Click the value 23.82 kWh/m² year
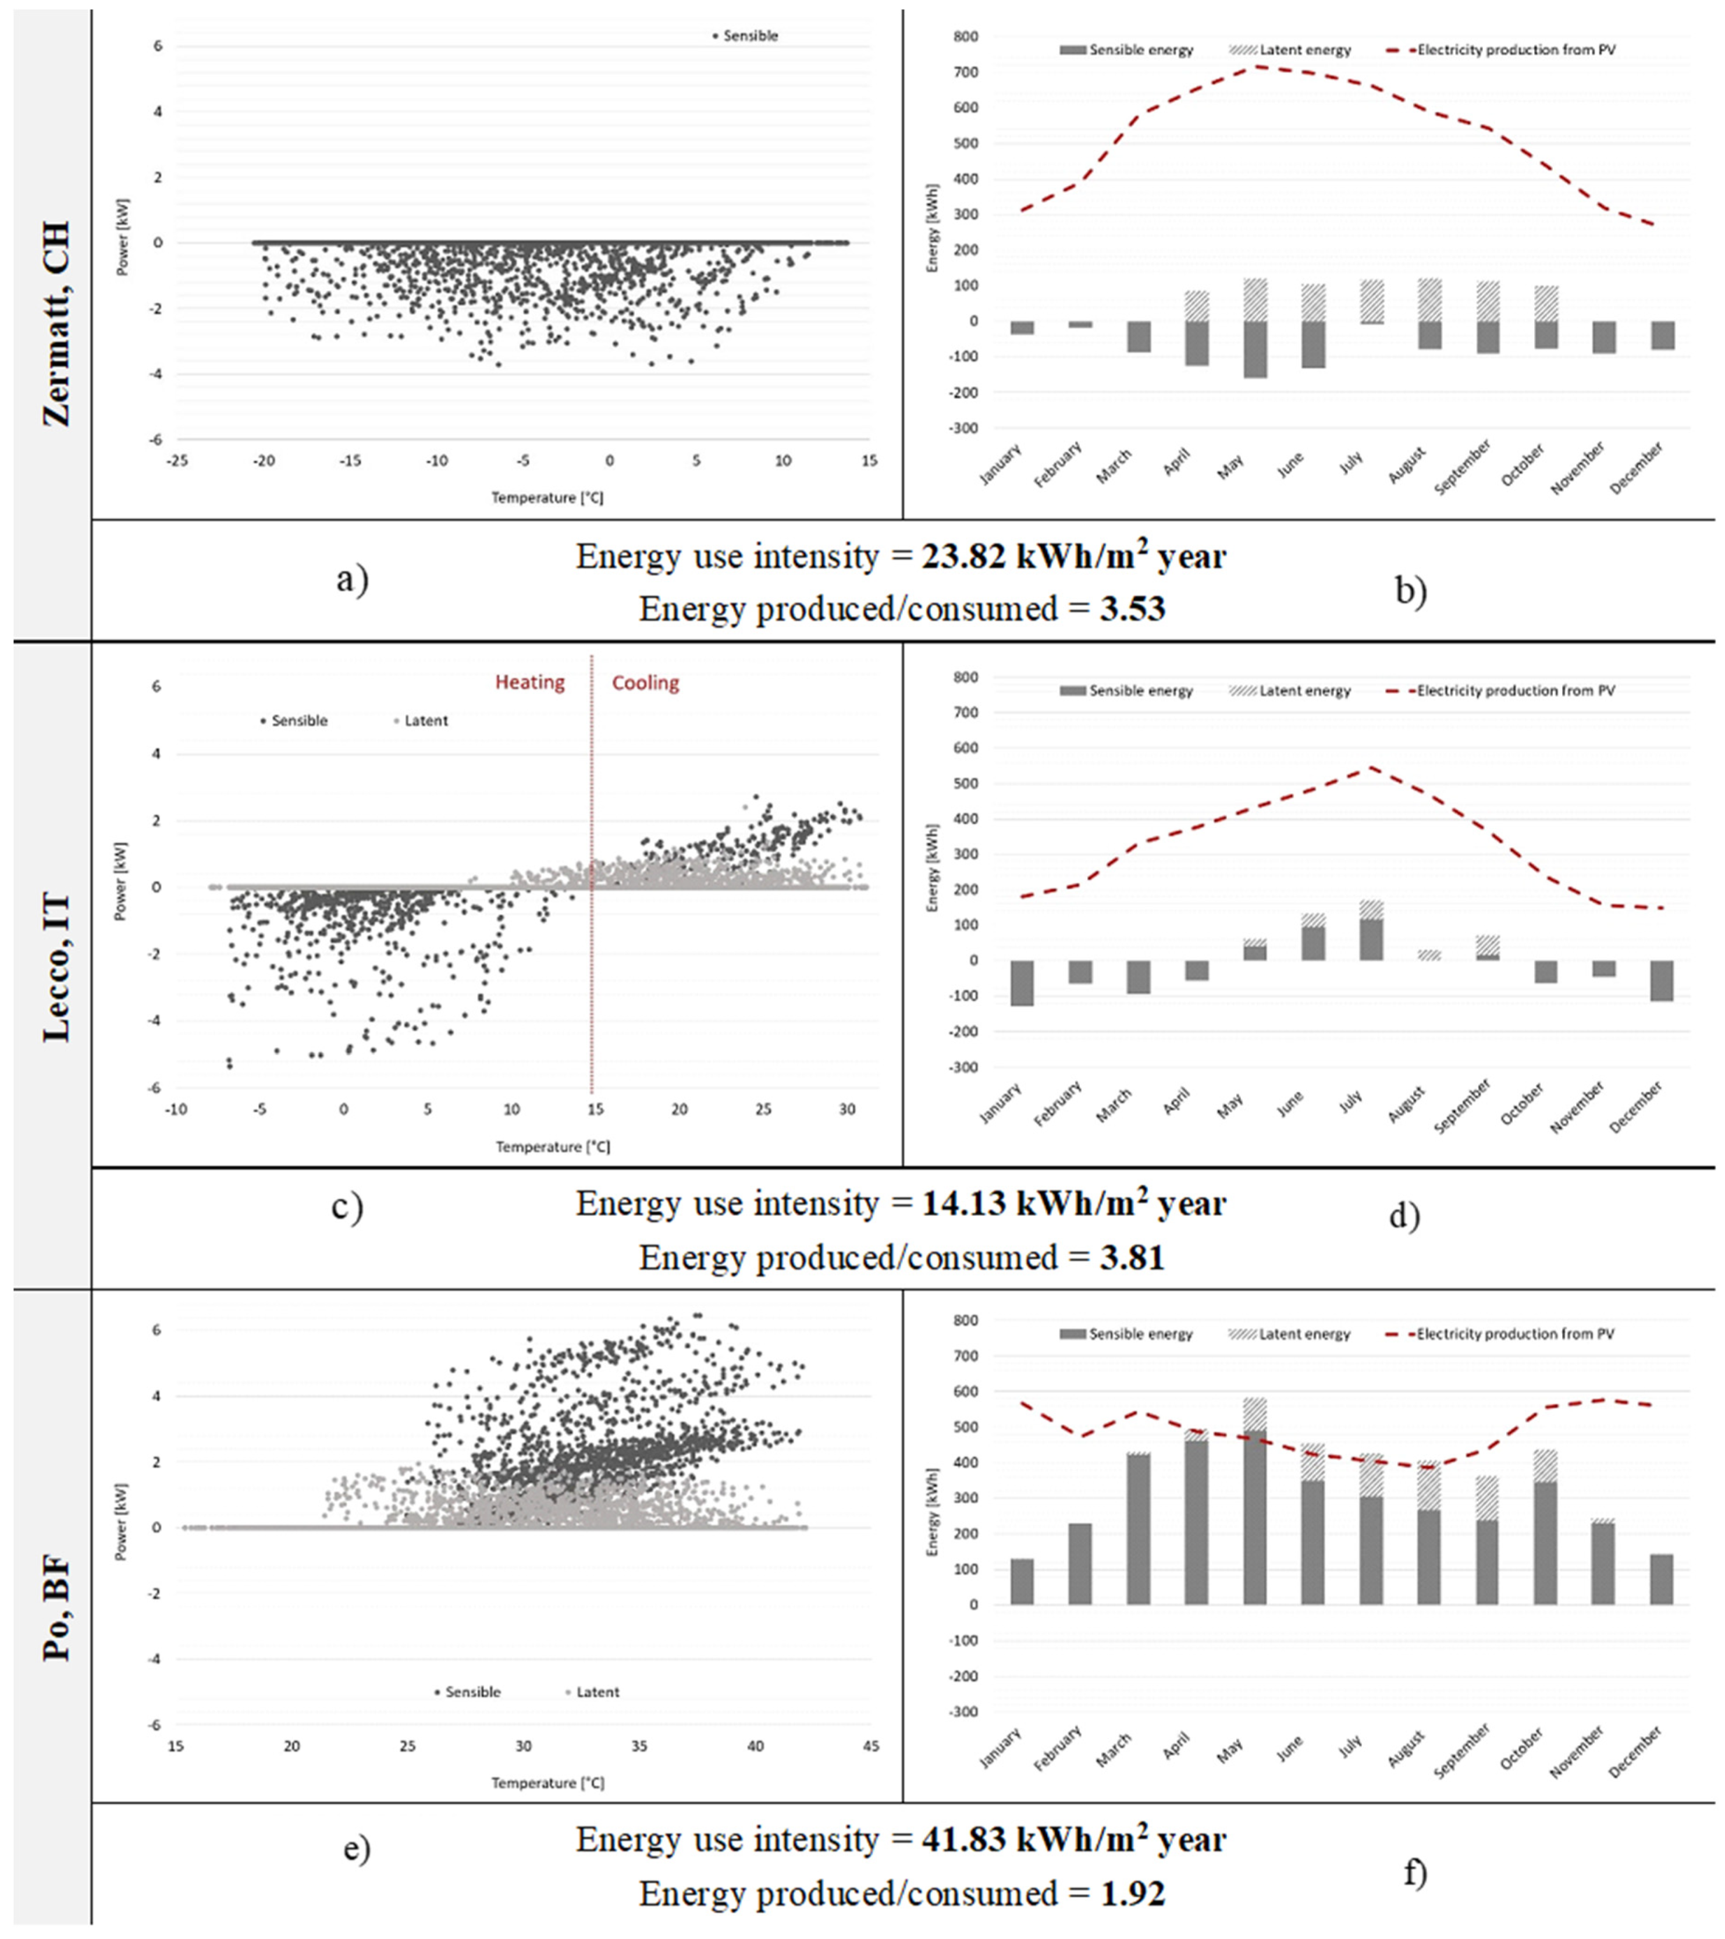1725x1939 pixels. (x=1073, y=557)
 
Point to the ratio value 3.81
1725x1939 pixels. (x=1132, y=1258)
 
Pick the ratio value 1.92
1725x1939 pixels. (x=1132, y=1894)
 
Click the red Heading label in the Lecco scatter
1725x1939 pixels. (x=529, y=682)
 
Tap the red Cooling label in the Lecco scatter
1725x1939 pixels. (x=645, y=682)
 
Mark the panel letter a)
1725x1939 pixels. (x=352, y=578)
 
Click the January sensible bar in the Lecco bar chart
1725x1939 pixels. (x=1022, y=983)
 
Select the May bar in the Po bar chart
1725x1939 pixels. (x=1255, y=1503)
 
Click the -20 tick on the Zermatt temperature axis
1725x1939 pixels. (x=264, y=461)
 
